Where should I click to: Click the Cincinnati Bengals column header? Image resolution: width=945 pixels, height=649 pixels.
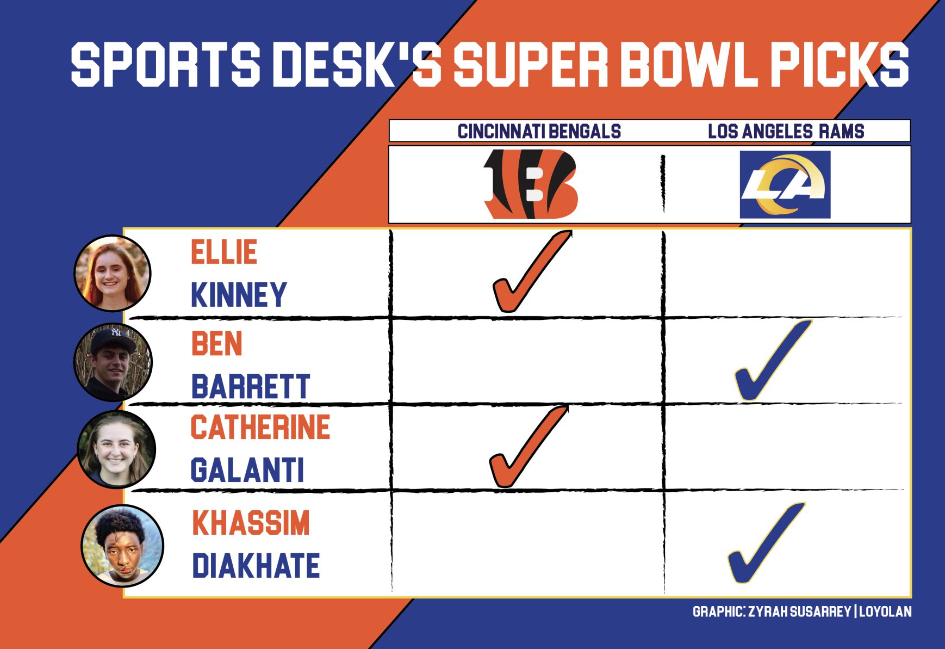539,131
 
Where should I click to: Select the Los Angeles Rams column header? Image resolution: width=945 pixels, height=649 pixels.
786,131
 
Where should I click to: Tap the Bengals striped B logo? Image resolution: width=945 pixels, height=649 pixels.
531,184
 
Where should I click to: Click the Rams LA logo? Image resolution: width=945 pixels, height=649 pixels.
785,184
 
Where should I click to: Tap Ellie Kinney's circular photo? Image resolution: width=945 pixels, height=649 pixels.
113,273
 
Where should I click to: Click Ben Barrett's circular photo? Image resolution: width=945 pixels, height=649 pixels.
113,362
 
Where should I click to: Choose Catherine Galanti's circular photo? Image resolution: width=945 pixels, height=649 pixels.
116,449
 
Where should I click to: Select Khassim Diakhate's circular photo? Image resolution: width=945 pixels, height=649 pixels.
122,546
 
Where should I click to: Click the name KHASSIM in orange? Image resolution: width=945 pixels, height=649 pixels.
251,523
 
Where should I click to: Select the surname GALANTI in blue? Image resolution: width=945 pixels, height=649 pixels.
247,470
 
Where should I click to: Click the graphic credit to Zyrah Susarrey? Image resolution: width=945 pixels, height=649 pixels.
801,611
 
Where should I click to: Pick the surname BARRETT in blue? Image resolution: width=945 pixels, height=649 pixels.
250,386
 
